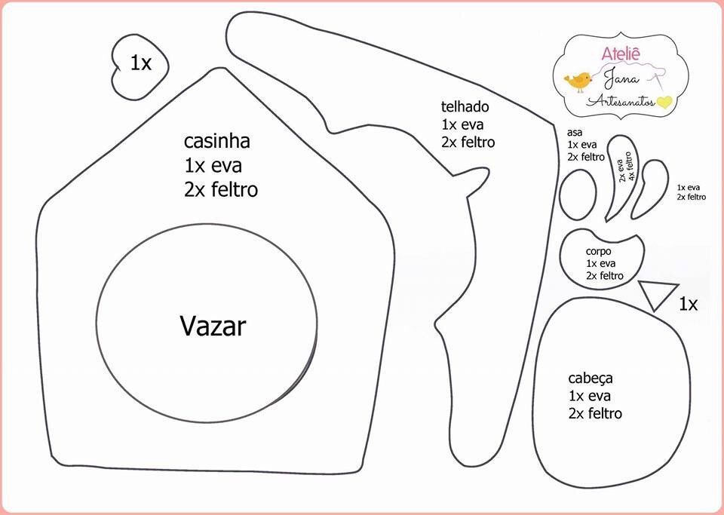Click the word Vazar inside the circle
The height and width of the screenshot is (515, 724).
tap(213, 326)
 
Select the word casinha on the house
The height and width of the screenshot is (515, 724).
tap(216, 141)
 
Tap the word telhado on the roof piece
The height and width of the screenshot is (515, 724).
tap(465, 106)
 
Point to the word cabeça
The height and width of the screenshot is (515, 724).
tap(590, 378)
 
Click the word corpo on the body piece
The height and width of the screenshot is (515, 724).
tap(598, 251)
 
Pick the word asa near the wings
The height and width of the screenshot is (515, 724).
tap(574, 132)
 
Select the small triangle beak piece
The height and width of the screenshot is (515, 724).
tap(658, 293)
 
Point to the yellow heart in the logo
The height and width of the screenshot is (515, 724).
tap(664, 102)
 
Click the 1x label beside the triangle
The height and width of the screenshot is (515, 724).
tap(687, 304)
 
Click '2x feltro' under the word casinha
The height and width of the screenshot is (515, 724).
tap(220, 189)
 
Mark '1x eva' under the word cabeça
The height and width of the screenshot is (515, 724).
tap(589, 396)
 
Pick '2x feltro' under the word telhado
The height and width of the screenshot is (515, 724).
tap(468, 142)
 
